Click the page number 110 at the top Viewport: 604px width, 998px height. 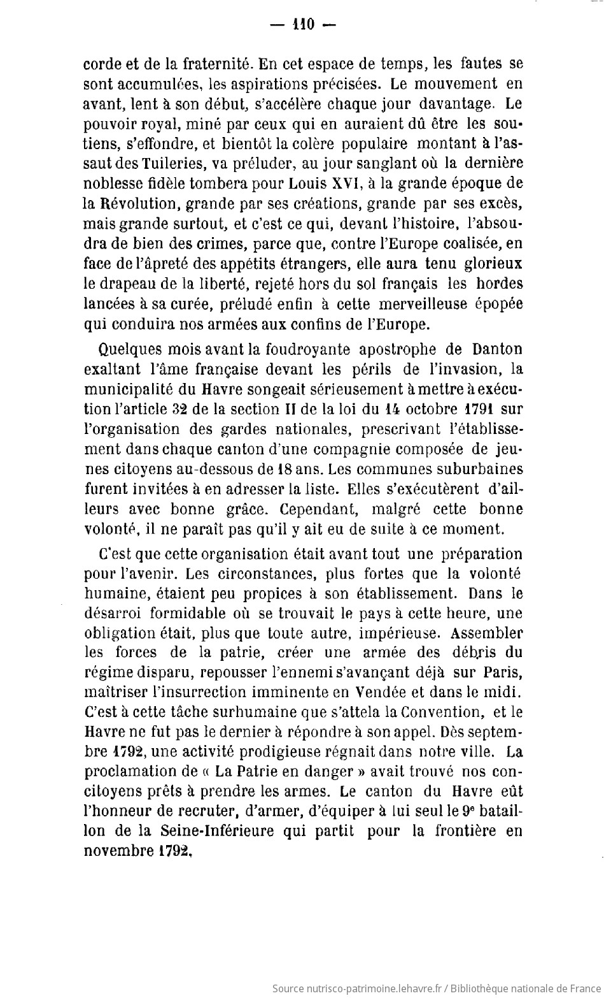click(302, 24)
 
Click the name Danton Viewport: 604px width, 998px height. click(497, 349)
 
